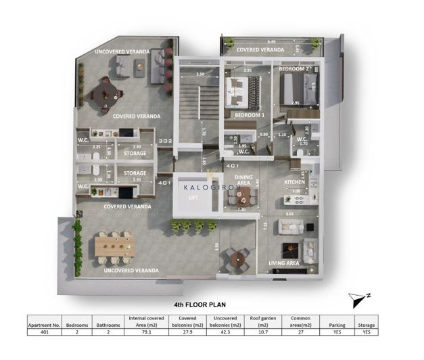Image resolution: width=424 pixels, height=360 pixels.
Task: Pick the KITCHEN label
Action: tap(295, 182)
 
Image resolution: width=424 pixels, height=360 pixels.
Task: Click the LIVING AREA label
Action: tap(285, 263)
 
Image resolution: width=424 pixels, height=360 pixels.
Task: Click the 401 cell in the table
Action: tap(45, 332)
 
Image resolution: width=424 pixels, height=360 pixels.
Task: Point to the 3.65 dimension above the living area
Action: tap(289, 214)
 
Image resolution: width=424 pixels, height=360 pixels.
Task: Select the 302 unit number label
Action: tap(164, 141)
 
